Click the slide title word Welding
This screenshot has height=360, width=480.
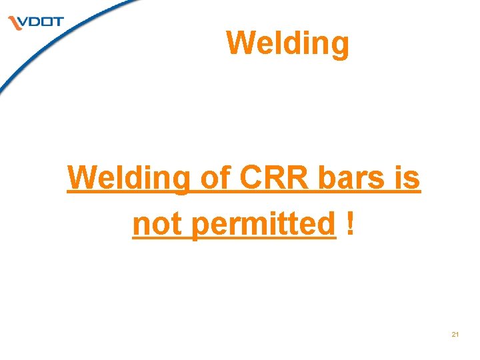pos(287,44)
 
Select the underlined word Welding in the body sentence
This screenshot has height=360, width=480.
pos(128,179)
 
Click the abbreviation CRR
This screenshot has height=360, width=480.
pos(269,179)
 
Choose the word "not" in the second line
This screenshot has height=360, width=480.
pos(159,225)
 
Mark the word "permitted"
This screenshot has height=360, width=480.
pos(263,225)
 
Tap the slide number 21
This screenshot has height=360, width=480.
pos(455,334)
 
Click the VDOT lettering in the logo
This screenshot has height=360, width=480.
pos(41,21)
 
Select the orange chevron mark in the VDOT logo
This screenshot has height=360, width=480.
pos(15,24)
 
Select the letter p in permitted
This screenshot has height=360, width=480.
pos(199,227)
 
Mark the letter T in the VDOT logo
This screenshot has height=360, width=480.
pos(58,21)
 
